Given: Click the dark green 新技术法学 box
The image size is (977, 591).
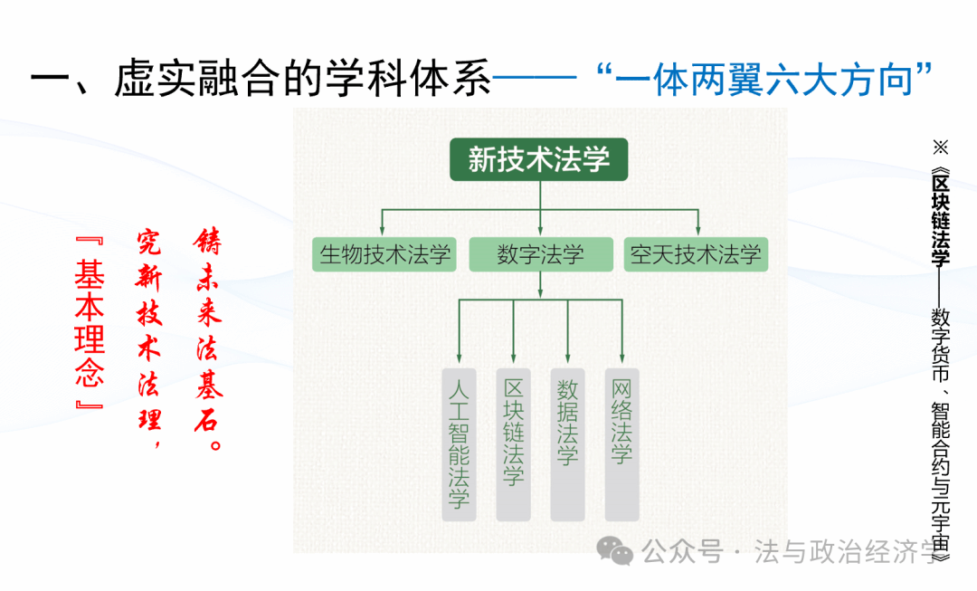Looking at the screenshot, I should pyautogui.click(x=540, y=160).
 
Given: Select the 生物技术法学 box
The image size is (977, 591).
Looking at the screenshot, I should pyautogui.click(x=384, y=254).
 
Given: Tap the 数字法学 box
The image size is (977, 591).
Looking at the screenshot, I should pyautogui.click(x=541, y=254).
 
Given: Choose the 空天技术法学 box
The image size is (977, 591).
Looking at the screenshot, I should pyautogui.click(x=696, y=254).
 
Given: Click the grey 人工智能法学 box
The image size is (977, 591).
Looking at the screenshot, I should pyautogui.click(x=459, y=443).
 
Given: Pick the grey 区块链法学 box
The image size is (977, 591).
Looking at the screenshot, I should pyautogui.click(x=513, y=443).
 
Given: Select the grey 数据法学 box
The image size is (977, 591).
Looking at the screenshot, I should pyautogui.click(x=567, y=443).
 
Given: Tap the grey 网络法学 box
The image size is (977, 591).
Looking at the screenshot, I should pyautogui.click(x=621, y=443).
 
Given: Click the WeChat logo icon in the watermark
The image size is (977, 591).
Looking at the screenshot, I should pyautogui.click(x=620, y=551).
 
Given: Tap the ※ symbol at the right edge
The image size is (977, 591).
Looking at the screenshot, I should pyautogui.click(x=941, y=146).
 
